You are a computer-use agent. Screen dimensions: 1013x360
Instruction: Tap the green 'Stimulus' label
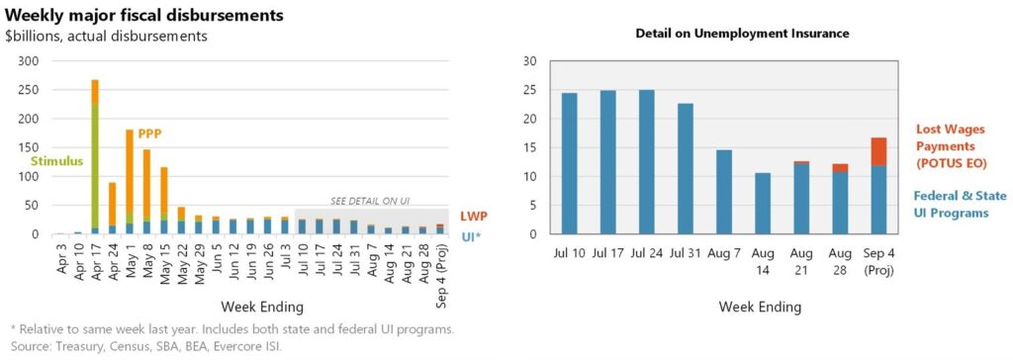(58, 161)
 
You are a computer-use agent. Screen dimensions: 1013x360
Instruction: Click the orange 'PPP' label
(149, 135)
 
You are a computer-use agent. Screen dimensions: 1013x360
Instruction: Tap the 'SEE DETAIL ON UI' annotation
(370, 201)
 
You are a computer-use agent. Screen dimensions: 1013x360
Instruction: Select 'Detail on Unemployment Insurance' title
(742, 33)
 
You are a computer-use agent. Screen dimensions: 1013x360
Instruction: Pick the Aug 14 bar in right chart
(763, 204)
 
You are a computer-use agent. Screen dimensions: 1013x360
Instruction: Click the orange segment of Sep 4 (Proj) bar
(878, 152)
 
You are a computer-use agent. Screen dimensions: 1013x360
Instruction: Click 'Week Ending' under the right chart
(760, 306)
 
